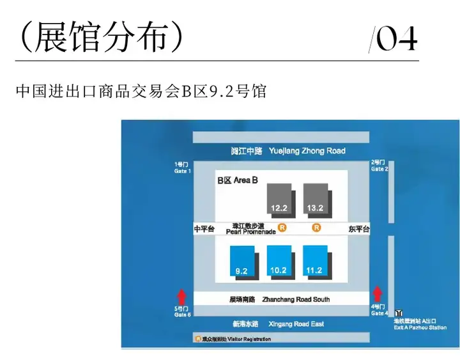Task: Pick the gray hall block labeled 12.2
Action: [x=279, y=198]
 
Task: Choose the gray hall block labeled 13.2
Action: [x=315, y=198]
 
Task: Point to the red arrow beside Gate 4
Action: [x=378, y=294]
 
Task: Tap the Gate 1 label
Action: [x=182, y=168]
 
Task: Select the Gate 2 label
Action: [x=379, y=166]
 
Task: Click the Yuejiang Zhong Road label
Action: [x=288, y=151]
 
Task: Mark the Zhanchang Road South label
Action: [x=279, y=299]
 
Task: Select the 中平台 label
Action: [x=204, y=229]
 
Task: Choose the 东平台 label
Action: [x=359, y=229]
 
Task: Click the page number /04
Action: [x=393, y=40]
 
